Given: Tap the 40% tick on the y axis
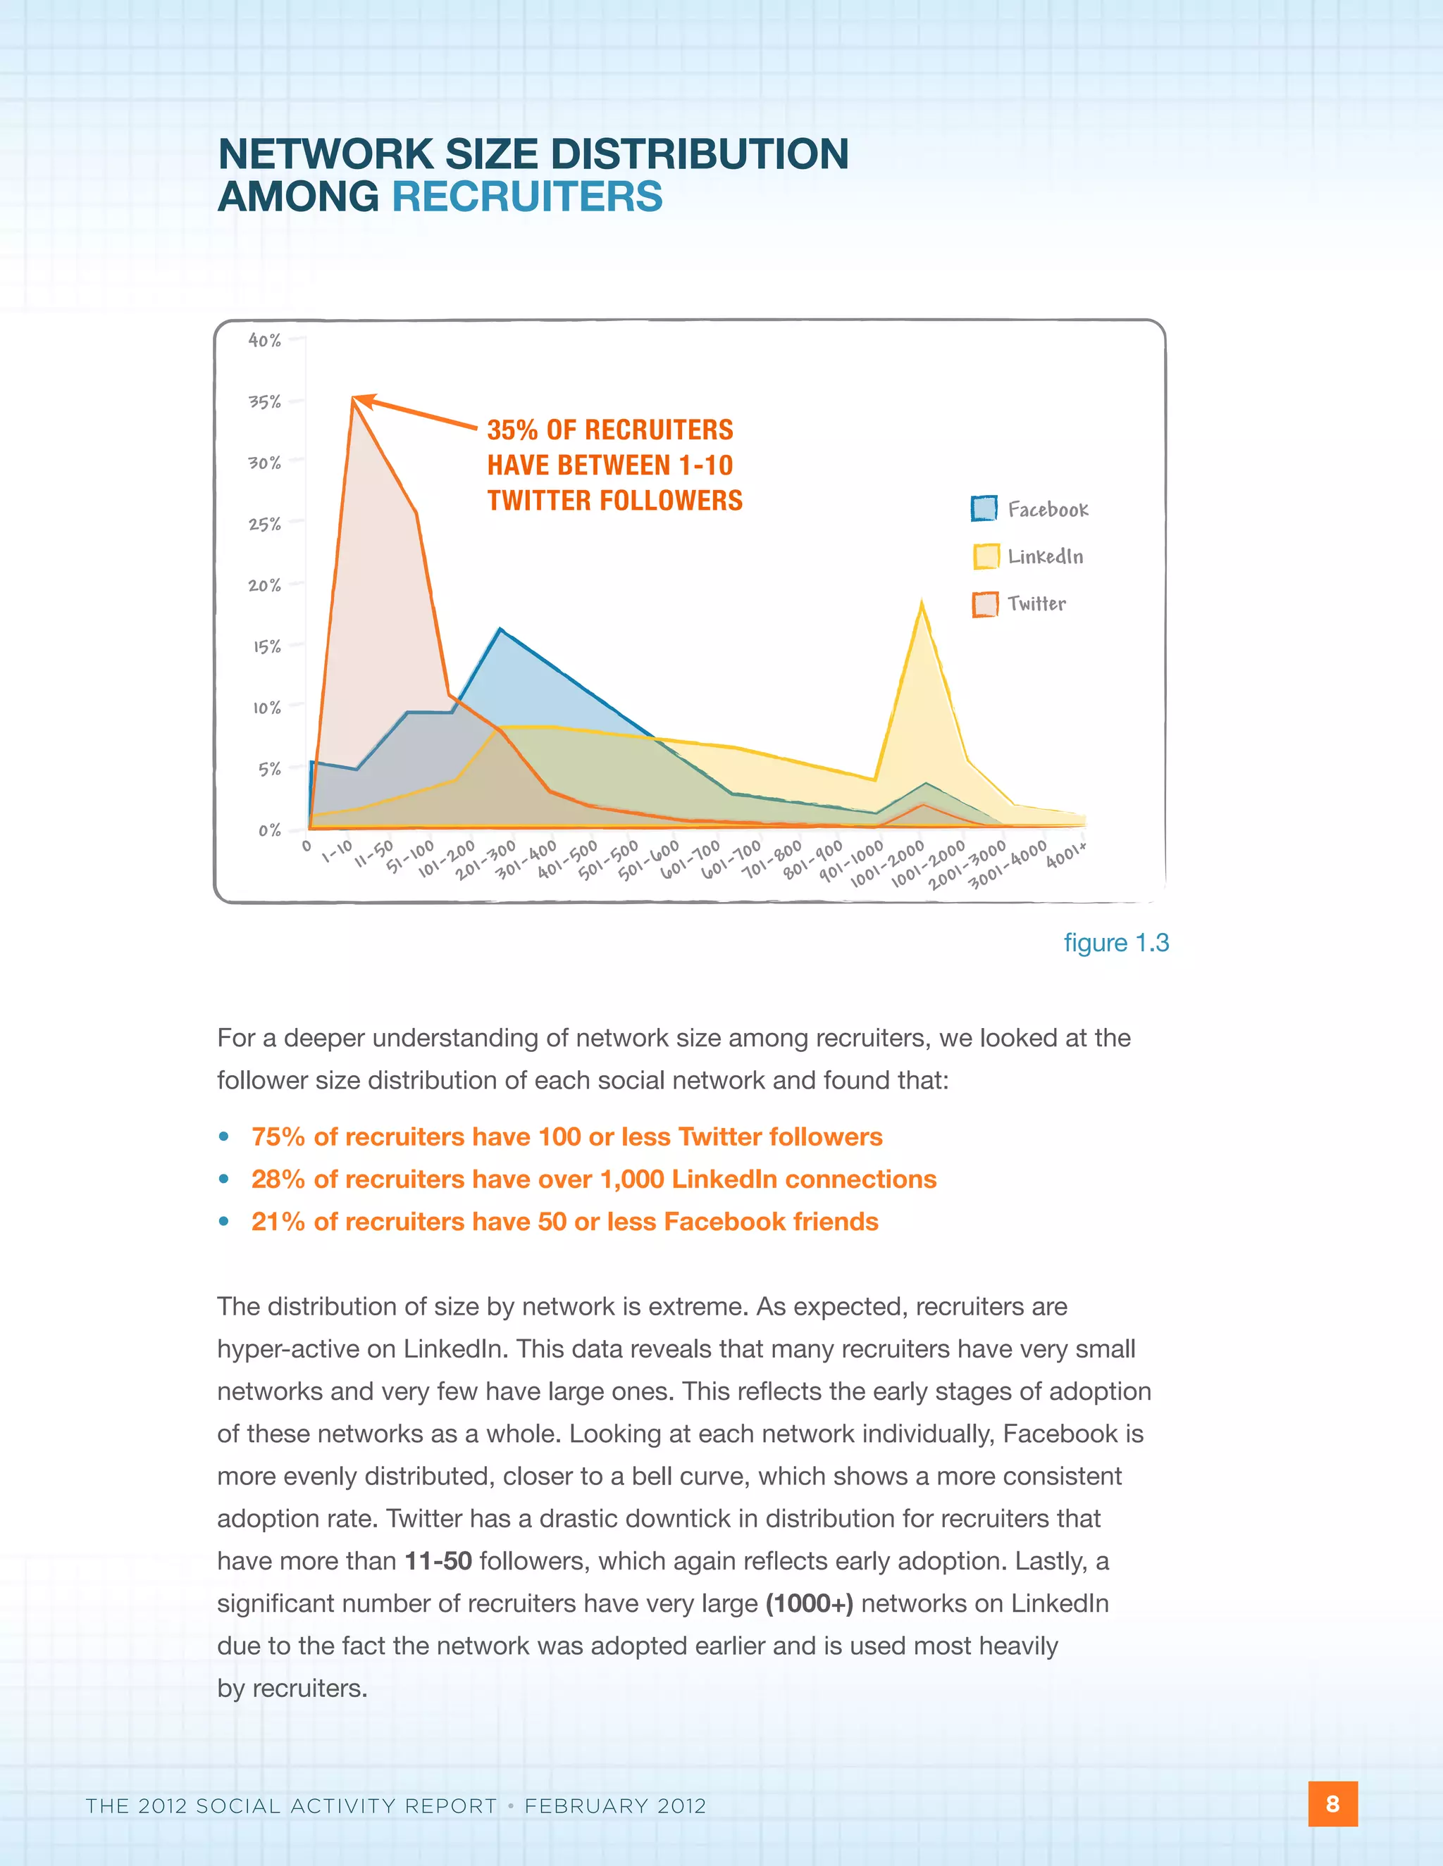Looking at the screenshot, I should (x=265, y=340).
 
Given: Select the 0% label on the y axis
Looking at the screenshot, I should (x=268, y=830).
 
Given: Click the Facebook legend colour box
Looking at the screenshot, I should (x=984, y=508).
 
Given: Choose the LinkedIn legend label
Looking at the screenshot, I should (x=1045, y=557).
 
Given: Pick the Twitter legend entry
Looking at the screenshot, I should (x=1036, y=604).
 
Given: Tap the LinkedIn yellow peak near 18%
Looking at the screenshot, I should (x=921, y=603).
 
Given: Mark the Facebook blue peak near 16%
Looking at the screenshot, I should (x=500, y=630).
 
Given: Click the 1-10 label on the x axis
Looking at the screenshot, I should (x=337, y=852).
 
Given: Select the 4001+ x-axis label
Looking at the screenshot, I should (x=1066, y=854).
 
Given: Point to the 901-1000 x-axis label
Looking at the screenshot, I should (x=850, y=861).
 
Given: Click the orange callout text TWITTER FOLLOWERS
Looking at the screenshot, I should (x=614, y=501).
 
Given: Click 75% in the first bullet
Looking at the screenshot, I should (x=278, y=1137).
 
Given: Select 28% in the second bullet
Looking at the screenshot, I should (x=278, y=1180).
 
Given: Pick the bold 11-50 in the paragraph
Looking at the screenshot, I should (x=438, y=1561).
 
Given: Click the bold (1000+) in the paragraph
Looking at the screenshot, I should (x=809, y=1603).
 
